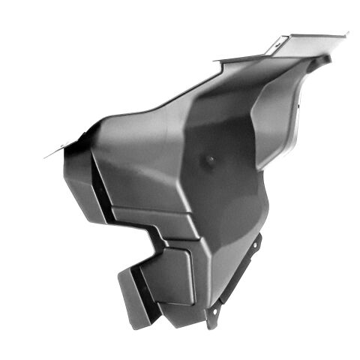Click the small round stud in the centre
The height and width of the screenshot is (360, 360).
pyautogui.click(x=210, y=160)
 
